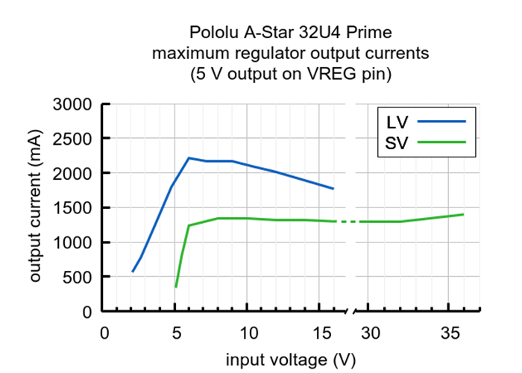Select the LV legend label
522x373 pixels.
point(397,121)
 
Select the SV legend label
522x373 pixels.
point(397,142)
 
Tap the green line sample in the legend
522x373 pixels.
point(442,142)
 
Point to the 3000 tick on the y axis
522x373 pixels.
point(72,104)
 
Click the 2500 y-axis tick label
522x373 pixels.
point(72,139)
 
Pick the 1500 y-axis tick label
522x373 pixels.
point(72,208)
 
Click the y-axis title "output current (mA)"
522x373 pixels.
point(35,207)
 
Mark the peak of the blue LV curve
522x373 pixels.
point(189,158)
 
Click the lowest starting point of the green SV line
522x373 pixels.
point(176,286)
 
